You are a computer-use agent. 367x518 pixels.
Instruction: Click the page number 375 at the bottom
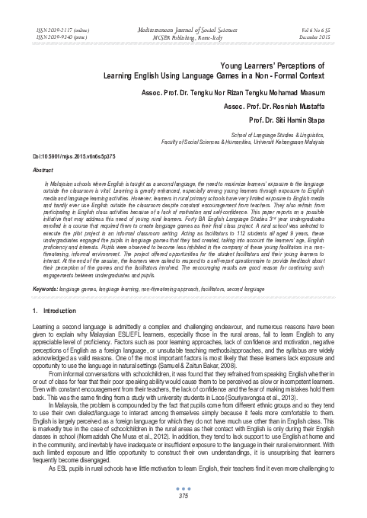[x=183, y=497]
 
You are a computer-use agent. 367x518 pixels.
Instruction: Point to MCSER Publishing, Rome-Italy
[x=183, y=34]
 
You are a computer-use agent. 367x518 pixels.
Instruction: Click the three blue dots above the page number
[x=183, y=488]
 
